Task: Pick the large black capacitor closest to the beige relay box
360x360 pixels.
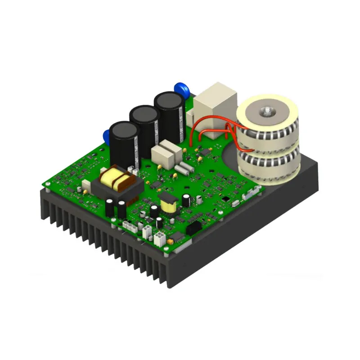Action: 169,117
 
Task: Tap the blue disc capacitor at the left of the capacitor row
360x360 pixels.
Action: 107,135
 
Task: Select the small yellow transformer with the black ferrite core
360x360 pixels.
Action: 167,203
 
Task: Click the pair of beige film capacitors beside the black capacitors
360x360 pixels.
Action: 166,153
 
